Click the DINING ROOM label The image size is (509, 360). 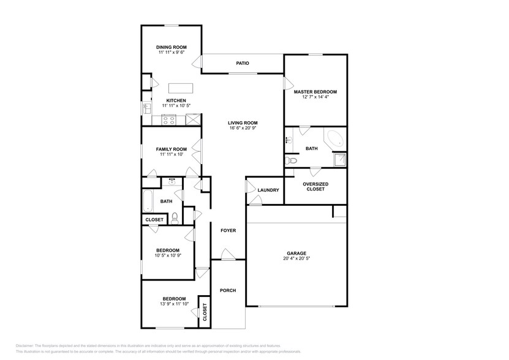pyautogui.click(x=171, y=47)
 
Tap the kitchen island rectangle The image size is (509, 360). pyautogui.click(x=180, y=86)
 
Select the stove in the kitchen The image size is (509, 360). pyautogui.click(x=168, y=121)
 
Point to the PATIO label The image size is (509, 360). pyautogui.click(x=243, y=63)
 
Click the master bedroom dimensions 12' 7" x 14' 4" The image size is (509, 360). pyautogui.click(x=315, y=97)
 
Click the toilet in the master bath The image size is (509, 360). pyautogui.click(x=292, y=160)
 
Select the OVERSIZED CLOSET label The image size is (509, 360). pyautogui.click(x=315, y=186)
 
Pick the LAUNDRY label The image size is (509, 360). pyautogui.click(x=268, y=190)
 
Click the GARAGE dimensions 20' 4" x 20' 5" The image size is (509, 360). pyautogui.click(x=296, y=259)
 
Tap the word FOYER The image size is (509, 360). pyautogui.click(x=228, y=230)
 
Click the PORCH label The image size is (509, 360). pyautogui.click(x=228, y=291)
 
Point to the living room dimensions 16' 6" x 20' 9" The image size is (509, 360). pyautogui.click(x=243, y=129)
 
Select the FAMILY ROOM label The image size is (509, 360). pyautogui.click(x=171, y=149)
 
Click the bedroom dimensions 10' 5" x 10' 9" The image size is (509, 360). pyautogui.click(x=167, y=256)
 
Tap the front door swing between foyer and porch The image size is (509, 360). pyautogui.click(x=227, y=255)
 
